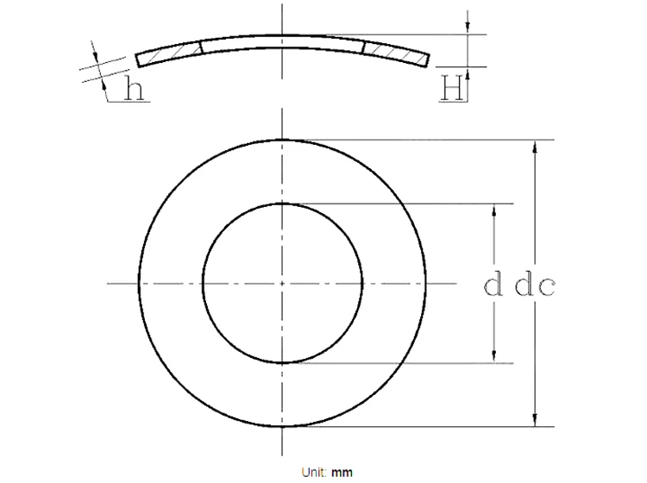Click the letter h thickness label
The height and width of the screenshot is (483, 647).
tap(134, 89)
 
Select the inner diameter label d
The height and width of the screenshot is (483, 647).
tap(493, 285)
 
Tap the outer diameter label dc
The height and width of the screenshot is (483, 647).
tap(535, 285)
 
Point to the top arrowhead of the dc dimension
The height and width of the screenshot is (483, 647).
tap(537, 147)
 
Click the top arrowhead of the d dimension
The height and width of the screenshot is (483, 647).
tap(494, 210)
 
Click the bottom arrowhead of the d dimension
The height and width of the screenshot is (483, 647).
tap(494, 356)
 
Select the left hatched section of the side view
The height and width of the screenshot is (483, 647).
tap(169, 54)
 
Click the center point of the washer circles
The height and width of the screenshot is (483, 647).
tap(282, 283)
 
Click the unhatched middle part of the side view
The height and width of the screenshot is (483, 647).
tap(282, 42)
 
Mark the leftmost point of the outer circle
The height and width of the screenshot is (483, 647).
tap(138, 283)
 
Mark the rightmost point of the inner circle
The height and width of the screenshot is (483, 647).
tap(362, 283)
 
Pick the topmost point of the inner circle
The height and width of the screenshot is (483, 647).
tap(282, 204)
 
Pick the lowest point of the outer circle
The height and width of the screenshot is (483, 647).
tap(282, 427)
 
